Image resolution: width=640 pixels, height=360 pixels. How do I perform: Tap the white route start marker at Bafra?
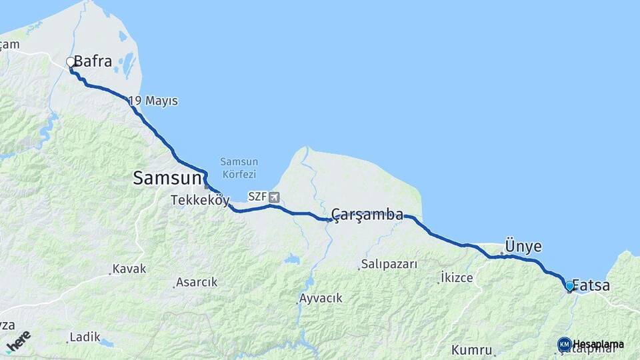click(x=70, y=63)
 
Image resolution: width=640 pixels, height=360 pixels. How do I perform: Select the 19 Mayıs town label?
click(x=153, y=101)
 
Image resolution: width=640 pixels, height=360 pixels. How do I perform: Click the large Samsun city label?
click(x=167, y=178)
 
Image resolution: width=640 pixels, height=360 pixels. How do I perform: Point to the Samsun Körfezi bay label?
click(x=239, y=167)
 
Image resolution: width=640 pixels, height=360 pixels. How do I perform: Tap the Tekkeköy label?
click(x=200, y=200)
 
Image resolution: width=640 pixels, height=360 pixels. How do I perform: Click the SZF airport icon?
click(x=275, y=197)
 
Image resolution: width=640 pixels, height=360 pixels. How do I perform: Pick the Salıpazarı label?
click(x=389, y=264)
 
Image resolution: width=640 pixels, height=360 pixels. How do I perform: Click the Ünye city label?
click(x=523, y=246)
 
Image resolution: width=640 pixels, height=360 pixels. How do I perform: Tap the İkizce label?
click(x=457, y=277)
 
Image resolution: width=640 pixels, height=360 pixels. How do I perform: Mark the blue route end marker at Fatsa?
click(x=569, y=286)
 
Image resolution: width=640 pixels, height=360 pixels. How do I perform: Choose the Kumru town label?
click(x=471, y=350)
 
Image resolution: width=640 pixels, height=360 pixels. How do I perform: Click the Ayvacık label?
click(x=321, y=298)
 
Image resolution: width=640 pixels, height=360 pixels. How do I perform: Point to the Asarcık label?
click(x=196, y=283)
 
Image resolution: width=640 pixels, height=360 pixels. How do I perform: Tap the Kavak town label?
click(x=129, y=269)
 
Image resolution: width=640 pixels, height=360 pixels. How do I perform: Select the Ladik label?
click(x=85, y=337)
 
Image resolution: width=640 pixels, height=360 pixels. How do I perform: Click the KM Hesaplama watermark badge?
click(x=591, y=344)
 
